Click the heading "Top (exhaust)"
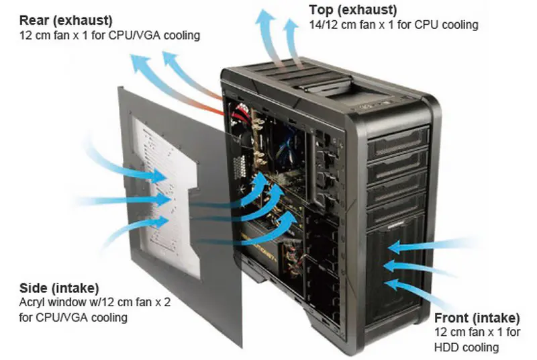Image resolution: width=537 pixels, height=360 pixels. (x=352, y=10)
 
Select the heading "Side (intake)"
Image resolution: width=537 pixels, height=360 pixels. (x=59, y=287)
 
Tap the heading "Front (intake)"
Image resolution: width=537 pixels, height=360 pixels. (x=477, y=318)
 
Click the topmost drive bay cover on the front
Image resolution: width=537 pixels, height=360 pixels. (x=397, y=138)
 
